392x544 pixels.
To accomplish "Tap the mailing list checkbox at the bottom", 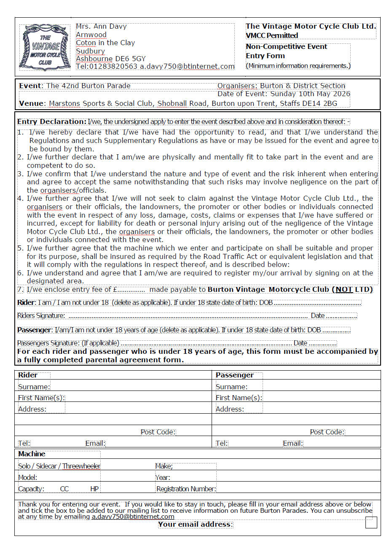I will (x=371, y=522).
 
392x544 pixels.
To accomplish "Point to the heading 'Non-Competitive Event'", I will (x=286, y=47).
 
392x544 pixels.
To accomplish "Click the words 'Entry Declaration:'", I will (x=52, y=122).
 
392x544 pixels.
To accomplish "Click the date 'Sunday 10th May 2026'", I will (x=310, y=94).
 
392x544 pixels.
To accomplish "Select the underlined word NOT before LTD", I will (x=344, y=290).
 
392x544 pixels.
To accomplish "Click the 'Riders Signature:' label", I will (x=41, y=316).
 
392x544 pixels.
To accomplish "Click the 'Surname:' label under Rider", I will (x=34, y=387).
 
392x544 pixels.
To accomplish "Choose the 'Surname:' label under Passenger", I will (x=231, y=387).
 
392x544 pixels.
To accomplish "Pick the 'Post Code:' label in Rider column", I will (x=158, y=432).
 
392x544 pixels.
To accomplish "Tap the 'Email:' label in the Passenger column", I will (x=293, y=443).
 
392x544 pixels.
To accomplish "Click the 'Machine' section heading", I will (x=32, y=454).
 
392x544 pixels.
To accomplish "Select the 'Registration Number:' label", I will (x=186, y=489).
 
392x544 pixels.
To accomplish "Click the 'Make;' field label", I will (x=164, y=466).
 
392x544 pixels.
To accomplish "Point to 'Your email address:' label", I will (x=195, y=525).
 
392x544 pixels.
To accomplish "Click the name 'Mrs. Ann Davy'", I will (x=101, y=27).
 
